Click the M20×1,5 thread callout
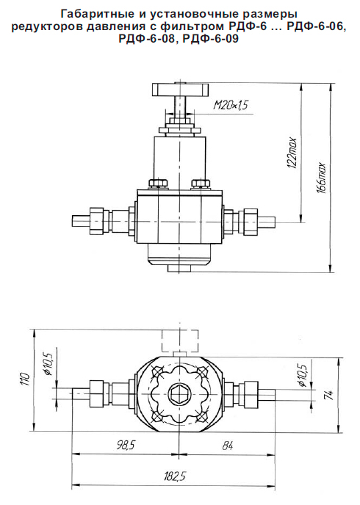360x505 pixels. [231, 105]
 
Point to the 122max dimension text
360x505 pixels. [292, 153]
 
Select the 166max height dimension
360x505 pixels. [322, 178]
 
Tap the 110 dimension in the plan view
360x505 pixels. [25, 379]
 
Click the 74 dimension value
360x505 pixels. [331, 394]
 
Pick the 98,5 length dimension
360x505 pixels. [125, 446]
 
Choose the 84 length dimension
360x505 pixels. [227, 446]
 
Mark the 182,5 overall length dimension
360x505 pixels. [174, 476]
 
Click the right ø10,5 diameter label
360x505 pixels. [302, 374]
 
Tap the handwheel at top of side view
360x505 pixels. [180, 90]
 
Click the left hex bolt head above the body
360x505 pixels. [159, 184]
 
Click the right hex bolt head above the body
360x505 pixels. [201, 184]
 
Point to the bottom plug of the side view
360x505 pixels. [179, 268]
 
